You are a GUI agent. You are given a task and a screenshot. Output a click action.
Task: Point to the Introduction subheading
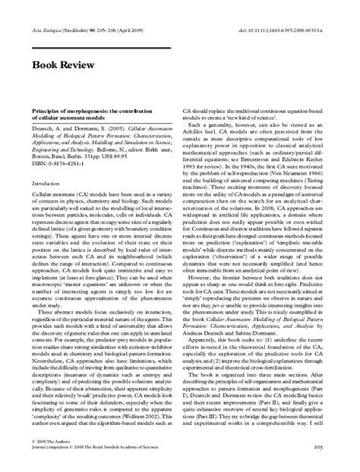coord(45,184)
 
